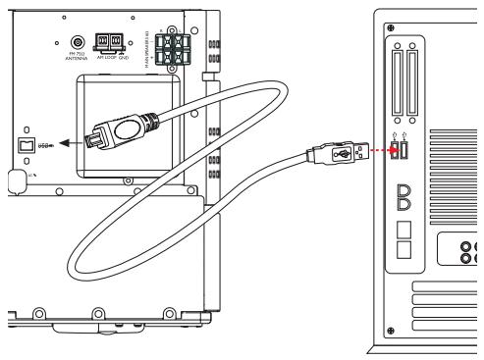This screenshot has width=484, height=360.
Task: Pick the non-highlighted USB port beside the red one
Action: tap(411, 149)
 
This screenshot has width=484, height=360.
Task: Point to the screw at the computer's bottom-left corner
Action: tap(395, 331)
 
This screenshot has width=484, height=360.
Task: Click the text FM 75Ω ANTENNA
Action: tap(75, 66)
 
